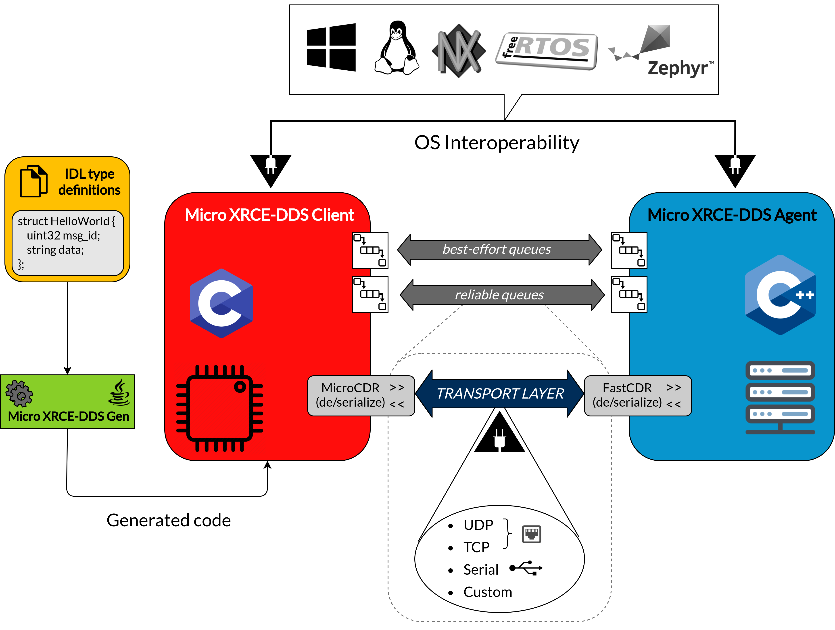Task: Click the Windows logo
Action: tap(331, 47)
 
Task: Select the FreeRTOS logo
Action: tap(547, 51)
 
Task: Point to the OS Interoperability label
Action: tap(497, 143)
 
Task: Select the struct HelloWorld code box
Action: tap(68, 243)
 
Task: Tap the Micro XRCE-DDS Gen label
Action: tap(68, 416)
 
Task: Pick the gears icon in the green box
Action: tap(19, 393)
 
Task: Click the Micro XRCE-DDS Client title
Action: tap(269, 215)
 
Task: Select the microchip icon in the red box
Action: tap(220, 408)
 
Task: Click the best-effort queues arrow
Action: tap(499, 249)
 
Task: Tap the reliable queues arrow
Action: tap(502, 295)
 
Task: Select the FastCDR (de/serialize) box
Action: tap(638, 395)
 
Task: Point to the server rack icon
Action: tap(780, 398)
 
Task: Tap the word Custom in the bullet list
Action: tap(488, 592)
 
